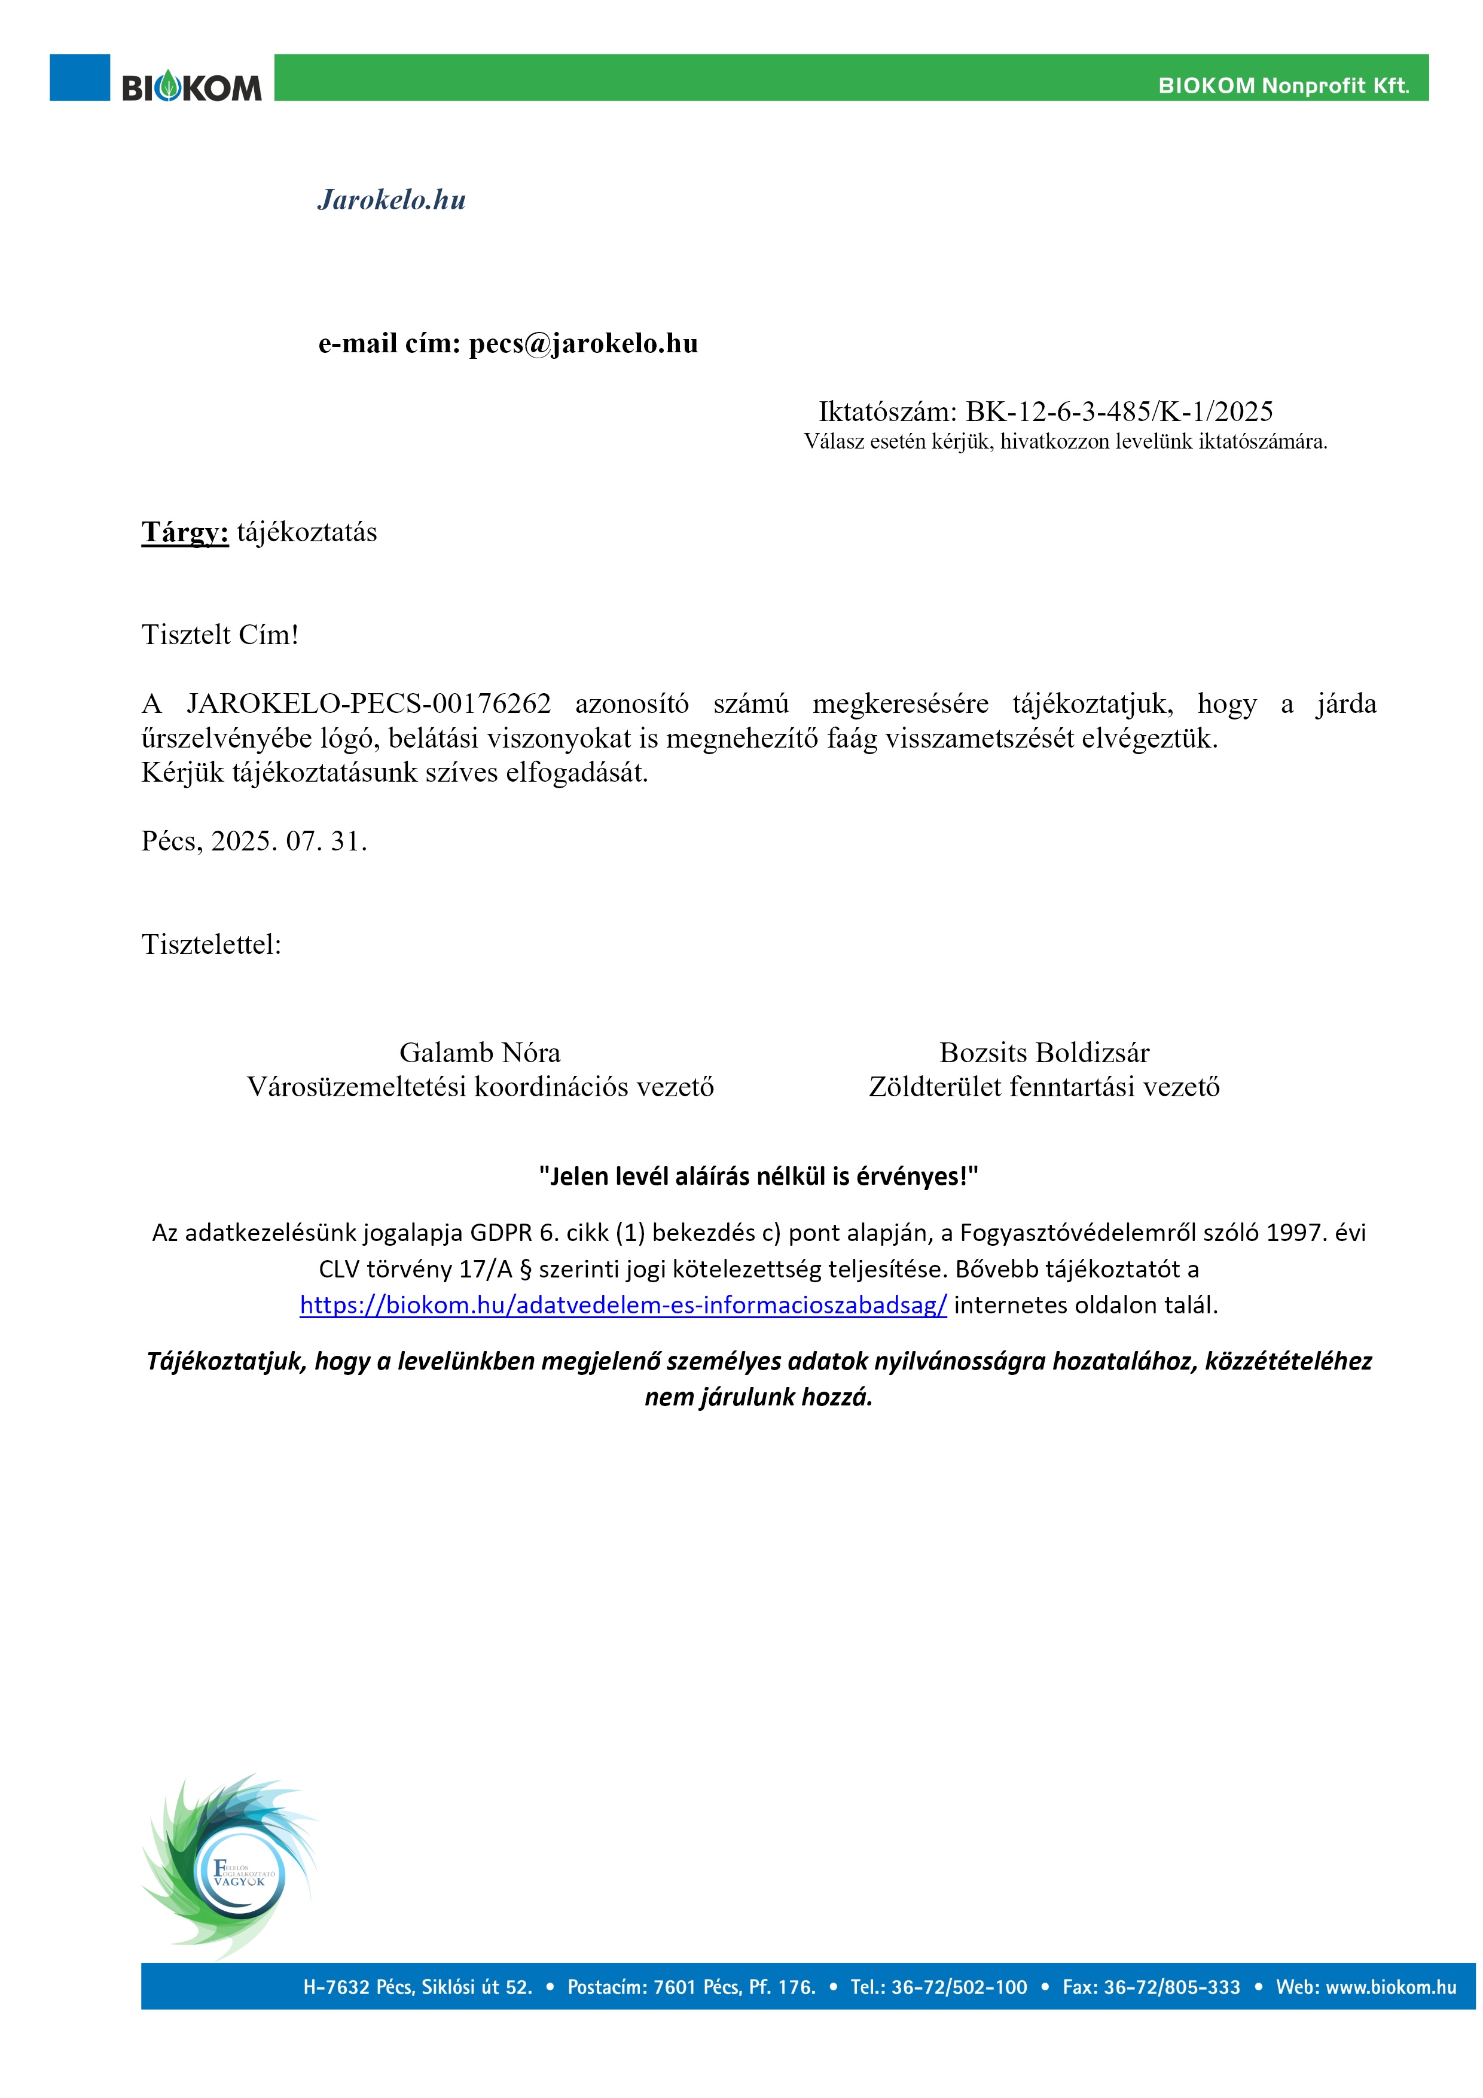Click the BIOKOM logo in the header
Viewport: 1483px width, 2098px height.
coord(192,88)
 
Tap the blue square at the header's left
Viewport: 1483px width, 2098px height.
coord(80,78)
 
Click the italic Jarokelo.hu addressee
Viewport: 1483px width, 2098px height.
coord(391,200)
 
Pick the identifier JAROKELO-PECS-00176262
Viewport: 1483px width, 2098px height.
coord(368,703)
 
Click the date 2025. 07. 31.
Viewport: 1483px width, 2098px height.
coord(289,841)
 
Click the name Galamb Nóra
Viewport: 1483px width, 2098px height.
coord(480,1053)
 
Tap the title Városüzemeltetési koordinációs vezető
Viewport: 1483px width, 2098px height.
coord(480,1087)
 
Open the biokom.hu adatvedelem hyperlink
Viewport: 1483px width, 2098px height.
coord(623,1305)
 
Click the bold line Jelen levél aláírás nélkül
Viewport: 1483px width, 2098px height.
coord(758,1176)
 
